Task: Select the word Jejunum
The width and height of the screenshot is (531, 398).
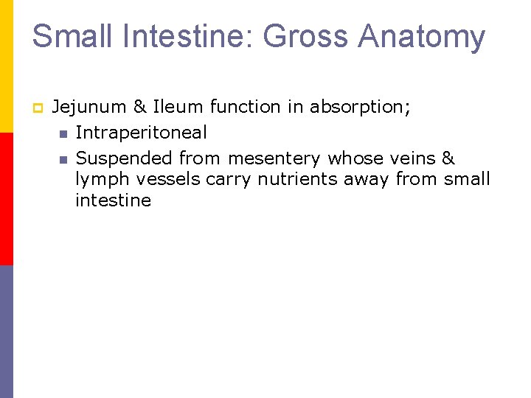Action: pyautogui.click(x=89, y=108)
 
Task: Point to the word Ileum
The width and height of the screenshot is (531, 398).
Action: pyautogui.click(x=179, y=107)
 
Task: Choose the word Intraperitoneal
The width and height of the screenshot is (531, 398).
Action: pyautogui.click(x=142, y=133)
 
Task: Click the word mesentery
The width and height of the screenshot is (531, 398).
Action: pyautogui.click(x=275, y=158)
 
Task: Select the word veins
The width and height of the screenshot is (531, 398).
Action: pyautogui.click(x=410, y=158)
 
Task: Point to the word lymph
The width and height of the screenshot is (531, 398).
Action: pyautogui.click(x=100, y=179)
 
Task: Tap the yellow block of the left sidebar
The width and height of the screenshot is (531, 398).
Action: pyautogui.click(x=7, y=66)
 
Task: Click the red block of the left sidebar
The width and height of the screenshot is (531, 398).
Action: pyautogui.click(x=7, y=199)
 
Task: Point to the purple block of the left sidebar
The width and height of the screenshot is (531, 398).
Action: pyautogui.click(x=7, y=332)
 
